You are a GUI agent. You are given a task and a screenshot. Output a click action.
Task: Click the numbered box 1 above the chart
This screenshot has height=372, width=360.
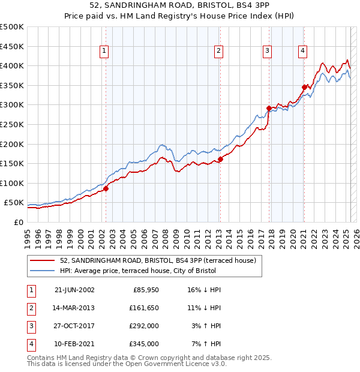(x=104, y=51)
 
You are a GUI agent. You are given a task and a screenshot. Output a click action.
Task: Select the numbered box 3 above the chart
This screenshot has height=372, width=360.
(x=266, y=51)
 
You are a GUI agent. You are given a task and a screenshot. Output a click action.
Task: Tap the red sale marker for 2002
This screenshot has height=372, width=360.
(x=106, y=188)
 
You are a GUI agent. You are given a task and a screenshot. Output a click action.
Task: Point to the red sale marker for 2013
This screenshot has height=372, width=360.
(x=220, y=159)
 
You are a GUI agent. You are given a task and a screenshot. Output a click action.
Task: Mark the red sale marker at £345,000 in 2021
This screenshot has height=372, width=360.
(x=304, y=87)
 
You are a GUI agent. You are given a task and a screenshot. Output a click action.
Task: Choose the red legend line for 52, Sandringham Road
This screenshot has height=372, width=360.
(x=43, y=260)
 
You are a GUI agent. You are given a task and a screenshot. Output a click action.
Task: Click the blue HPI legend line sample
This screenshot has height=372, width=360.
(x=43, y=271)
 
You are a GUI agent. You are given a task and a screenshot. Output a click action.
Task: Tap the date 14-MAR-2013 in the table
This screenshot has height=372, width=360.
(x=74, y=307)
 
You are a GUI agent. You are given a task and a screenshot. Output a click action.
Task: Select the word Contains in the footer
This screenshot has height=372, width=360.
(x=41, y=358)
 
